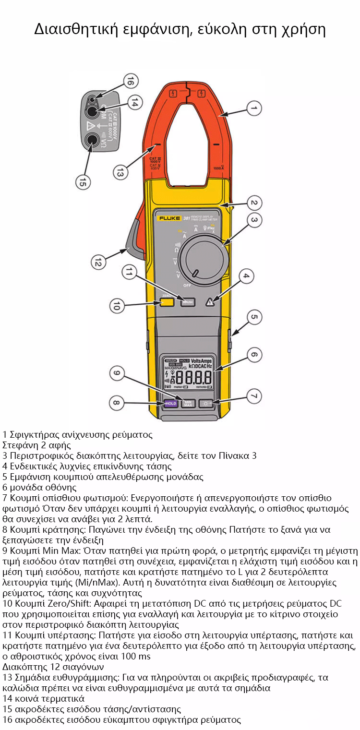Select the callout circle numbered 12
pyautogui.click(x=98, y=262)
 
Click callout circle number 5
pyautogui.click(x=254, y=317)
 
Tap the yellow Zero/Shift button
pyautogui.click(x=167, y=302)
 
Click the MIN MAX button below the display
pyautogui.click(x=188, y=403)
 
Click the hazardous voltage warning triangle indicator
pyautogui.click(x=210, y=302)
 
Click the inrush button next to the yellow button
pyautogui.click(x=188, y=302)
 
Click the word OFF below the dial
pyautogui.click(x=187, y=285)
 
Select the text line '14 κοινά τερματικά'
pyautogui.click(x=43, y=698)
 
